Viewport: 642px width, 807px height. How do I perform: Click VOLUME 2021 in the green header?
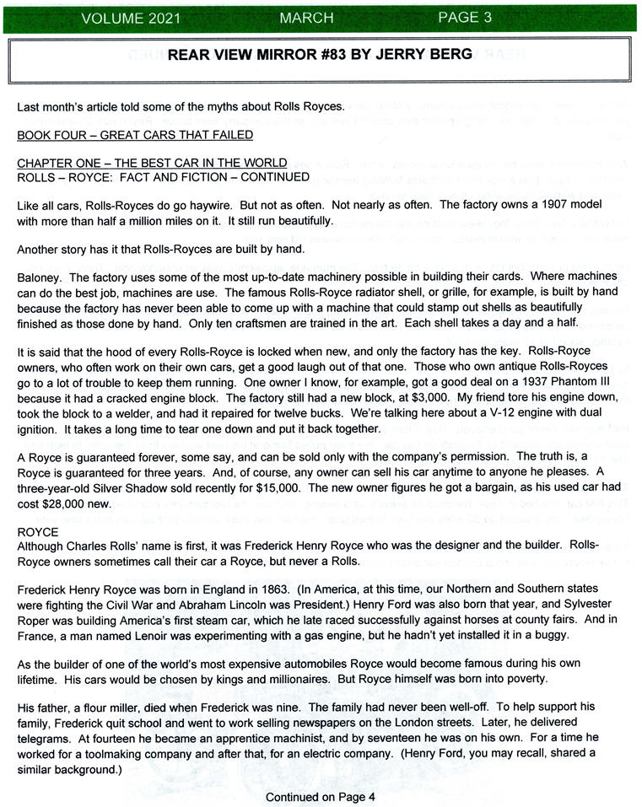[x=130, y=17]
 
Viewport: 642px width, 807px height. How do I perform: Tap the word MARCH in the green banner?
[x=307, y=17]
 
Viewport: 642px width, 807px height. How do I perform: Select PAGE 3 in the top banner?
[x=464, y=17]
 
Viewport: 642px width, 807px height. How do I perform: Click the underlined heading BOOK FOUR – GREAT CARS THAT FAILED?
[x=135, y=135]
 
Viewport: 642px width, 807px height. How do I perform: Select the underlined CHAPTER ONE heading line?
[x=152, y=163]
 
